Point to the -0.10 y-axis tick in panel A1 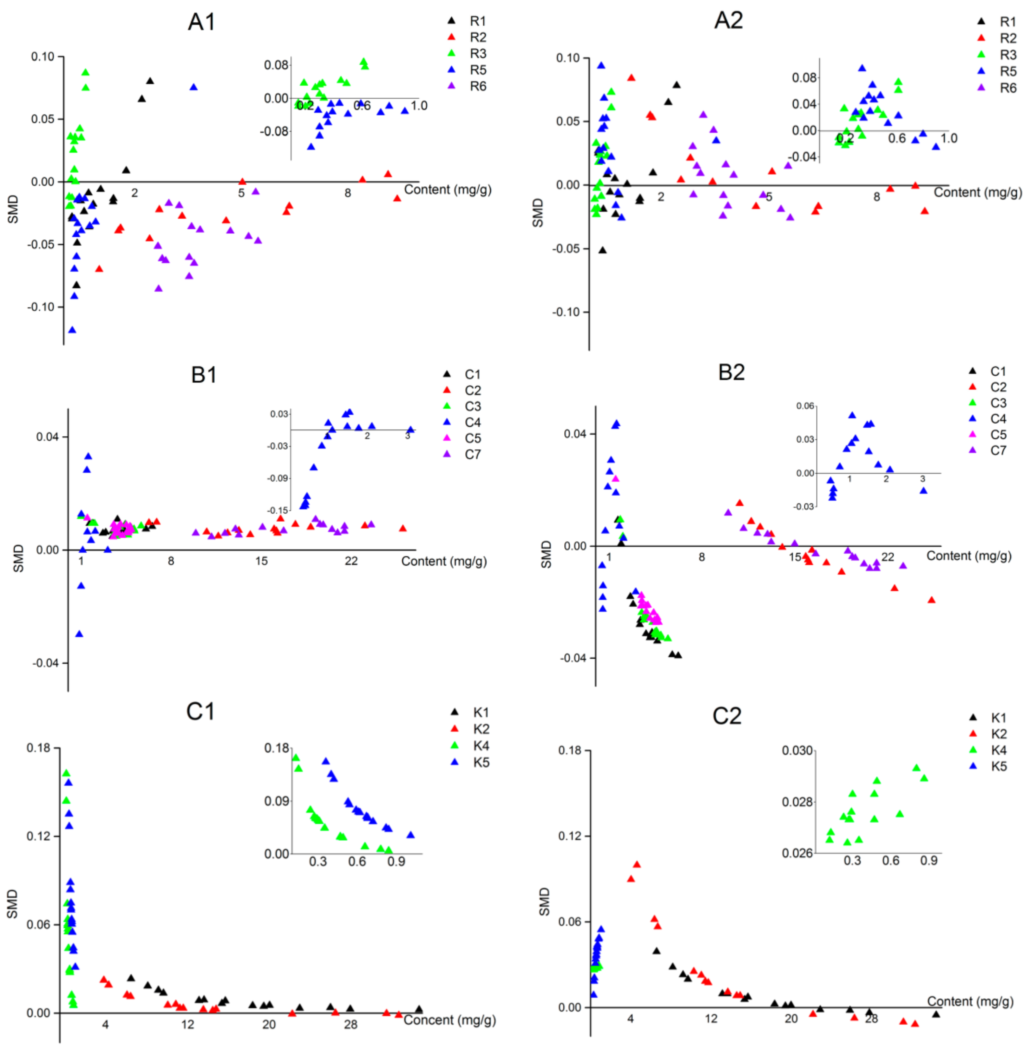41,307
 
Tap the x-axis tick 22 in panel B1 351,561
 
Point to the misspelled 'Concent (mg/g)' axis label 449,1020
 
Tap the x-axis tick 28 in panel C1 351,1025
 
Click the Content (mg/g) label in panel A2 977,193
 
